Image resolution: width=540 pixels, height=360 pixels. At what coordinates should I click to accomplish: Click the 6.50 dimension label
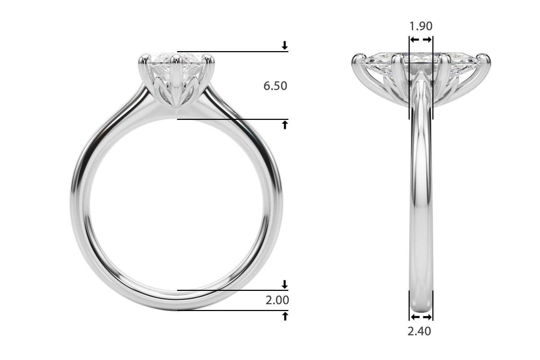(x=275, y=86)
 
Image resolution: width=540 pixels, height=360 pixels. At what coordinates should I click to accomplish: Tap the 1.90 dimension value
(x=421, y=26)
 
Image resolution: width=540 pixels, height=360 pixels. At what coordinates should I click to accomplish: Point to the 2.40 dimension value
(x=419, y=331)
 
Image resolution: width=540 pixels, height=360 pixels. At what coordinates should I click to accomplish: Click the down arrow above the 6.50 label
(x=285, y=45)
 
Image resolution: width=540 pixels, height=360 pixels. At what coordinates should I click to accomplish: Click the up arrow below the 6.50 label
(x=285, y=125)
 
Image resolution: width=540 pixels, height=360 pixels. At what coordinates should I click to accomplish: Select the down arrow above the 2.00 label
(x=285, y=284)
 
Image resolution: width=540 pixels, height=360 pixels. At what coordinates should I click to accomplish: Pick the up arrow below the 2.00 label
(x=285, y=316)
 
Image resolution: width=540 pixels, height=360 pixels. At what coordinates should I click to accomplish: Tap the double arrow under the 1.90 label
(x=421, y=40)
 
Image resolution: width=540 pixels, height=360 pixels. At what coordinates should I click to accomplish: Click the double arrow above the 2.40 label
(x=421, y=317)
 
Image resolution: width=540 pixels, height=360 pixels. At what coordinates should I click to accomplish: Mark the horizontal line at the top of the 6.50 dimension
(x=232, y=52)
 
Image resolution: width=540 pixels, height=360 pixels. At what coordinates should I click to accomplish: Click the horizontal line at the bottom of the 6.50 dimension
(x=232, y=119)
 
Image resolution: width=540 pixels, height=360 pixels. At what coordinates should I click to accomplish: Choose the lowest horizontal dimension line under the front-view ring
(x=232, y=310)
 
